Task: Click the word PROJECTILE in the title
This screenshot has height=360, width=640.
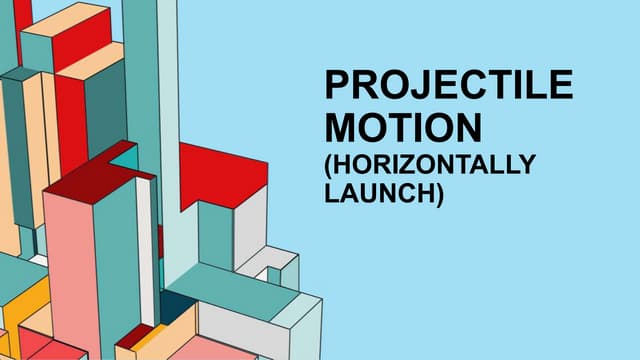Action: pos(449,86)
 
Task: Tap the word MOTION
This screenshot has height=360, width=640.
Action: pos(404,128)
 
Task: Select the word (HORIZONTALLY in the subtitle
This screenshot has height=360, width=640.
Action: pos(431,165)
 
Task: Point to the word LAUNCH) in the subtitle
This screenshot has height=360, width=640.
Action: pos(385,193)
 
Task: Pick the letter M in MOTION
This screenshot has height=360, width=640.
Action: pos(340,128)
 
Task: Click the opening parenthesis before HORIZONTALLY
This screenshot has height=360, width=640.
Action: pos(330,166)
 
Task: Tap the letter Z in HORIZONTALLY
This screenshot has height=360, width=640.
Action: pos(425,165)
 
